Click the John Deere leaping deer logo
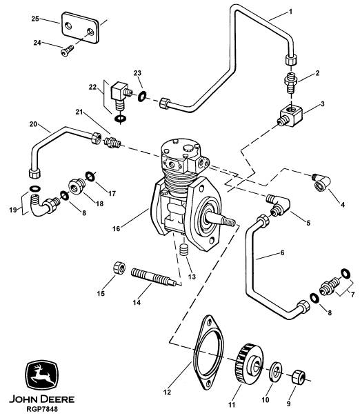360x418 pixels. (41, 375)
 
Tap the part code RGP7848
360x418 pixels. (42, 409)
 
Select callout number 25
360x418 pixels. (35, 19)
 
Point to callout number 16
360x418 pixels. (117, 228)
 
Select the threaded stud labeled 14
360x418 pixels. (154, 277)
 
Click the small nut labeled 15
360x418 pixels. (119, 268)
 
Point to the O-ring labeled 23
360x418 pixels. (142, 97)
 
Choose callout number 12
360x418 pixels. (167, 392)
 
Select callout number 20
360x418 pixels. (33, 124)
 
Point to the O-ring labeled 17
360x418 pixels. (90, 176)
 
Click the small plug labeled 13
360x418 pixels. (184, 250)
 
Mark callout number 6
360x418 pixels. (283, 252)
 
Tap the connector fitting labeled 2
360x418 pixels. (291, 82)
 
